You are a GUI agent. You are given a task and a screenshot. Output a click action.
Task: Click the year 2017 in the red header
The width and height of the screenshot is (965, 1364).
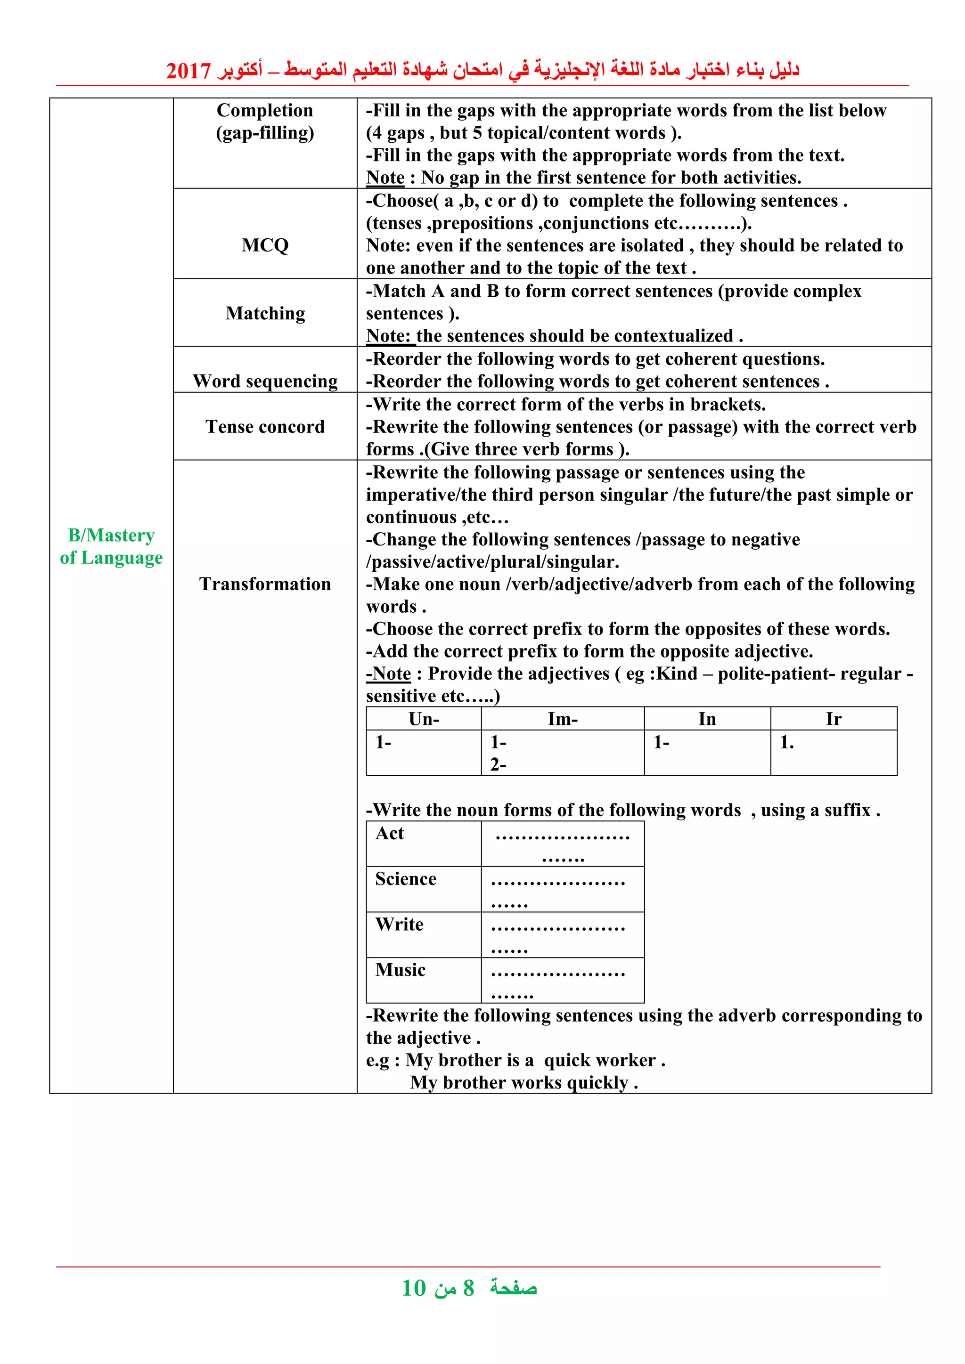[x=188, y=71]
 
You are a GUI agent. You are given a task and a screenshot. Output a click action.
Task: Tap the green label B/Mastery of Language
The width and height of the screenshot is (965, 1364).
[x=111, y=546]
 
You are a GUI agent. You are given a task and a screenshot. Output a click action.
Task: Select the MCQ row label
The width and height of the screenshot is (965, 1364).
[x=265, y=245]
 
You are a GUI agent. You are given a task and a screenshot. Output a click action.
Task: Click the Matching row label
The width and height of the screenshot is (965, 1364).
[x=265, y=313]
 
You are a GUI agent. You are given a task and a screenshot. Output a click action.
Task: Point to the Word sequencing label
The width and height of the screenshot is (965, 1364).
[x=265, y=381]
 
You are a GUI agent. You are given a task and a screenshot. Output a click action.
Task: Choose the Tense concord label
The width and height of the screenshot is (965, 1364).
[x=265, y=427]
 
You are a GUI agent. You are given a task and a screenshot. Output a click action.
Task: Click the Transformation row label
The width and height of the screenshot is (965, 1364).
[x=265, y=584]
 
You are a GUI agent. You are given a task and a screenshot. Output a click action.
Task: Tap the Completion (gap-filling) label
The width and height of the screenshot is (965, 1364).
[x=265, y=121]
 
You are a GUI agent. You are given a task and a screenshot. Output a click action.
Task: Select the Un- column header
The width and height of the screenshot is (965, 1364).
[x=424, y=719]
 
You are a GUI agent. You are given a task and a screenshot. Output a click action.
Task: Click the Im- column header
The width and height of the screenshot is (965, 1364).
[x=562, y=719]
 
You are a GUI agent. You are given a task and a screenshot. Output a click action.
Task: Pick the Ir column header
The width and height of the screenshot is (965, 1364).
[x=833, y=719]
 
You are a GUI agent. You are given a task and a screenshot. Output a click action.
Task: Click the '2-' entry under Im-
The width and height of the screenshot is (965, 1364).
[x=498, y=765]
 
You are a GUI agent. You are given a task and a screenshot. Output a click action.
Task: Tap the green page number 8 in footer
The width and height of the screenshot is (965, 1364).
[x=468, y=1289]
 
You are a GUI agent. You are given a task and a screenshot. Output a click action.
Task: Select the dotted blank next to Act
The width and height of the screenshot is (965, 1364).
[x=562, y=844]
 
